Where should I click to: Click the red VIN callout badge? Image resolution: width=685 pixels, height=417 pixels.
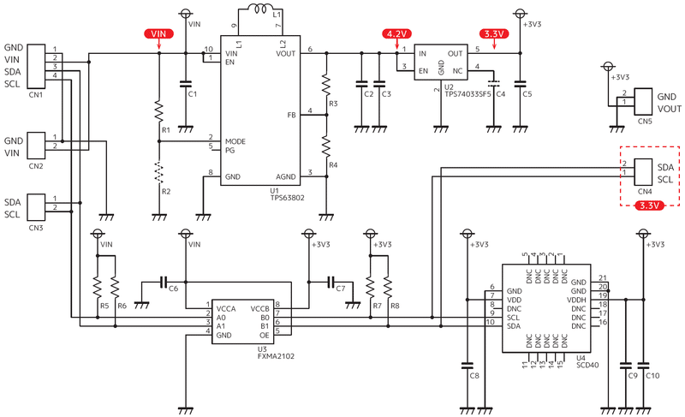[158, 33]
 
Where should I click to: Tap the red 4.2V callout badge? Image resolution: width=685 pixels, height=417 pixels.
[396, 33]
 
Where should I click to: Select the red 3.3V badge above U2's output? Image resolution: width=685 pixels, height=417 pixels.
[495, 33]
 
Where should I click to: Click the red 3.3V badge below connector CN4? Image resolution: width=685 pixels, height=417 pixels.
[648, 206]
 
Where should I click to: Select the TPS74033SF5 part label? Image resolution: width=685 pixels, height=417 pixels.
[468, 94]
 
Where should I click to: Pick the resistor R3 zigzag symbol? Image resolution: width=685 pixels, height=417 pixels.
[325, 85]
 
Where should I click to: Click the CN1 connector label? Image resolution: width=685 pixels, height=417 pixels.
[35, 94]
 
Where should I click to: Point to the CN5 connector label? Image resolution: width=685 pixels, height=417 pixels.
[644, 122]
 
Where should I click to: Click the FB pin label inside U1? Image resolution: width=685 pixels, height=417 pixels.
[292, 114]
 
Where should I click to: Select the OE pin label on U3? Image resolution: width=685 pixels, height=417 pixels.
[264, 336]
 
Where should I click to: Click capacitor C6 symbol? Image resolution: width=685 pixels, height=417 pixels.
[164, 281]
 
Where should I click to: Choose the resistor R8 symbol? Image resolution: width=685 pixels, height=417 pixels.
[388, 283]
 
